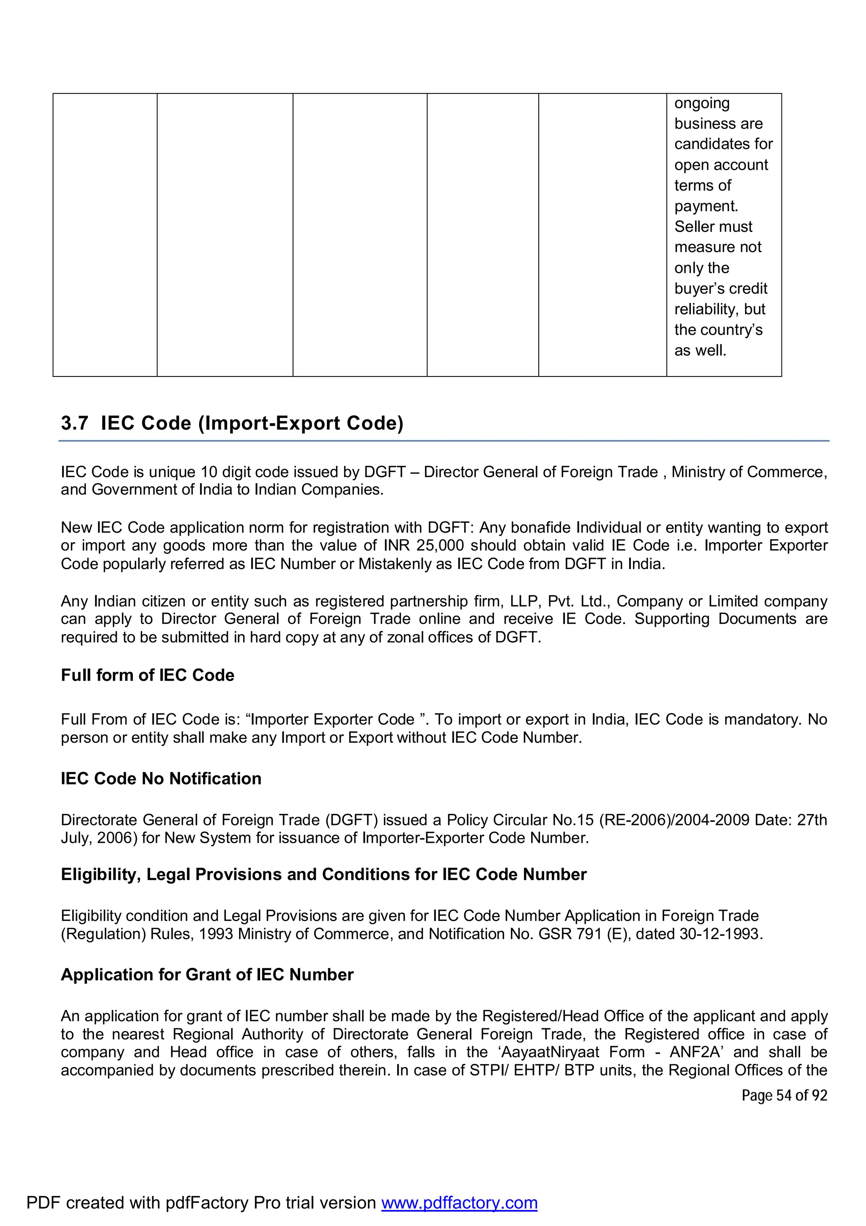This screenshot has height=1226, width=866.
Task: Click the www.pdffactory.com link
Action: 459,1202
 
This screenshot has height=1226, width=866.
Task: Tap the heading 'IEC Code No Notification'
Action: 161,778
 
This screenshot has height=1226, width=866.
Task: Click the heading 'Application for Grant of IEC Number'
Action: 207,975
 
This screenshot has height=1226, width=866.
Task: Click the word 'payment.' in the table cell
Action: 706,206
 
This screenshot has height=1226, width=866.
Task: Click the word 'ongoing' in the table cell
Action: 702,103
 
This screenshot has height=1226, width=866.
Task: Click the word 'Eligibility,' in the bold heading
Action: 101,874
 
